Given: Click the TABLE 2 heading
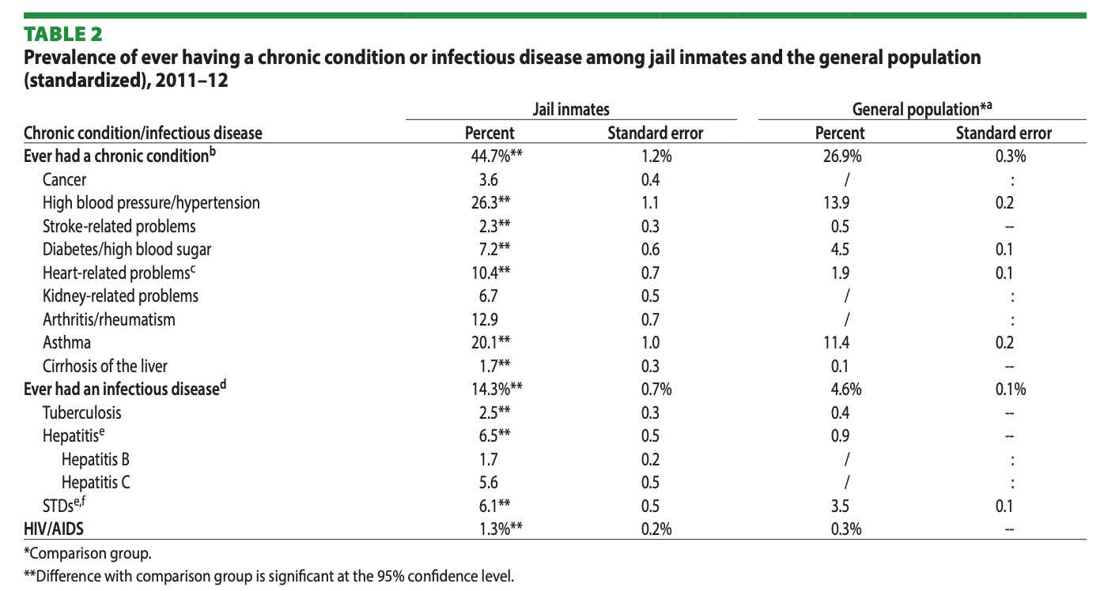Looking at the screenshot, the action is (x=63, y=35).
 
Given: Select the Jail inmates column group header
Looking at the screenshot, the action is (x=571, y=109).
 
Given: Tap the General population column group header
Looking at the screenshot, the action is (x=921, y=109).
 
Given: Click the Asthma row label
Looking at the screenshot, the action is (x=66, y=342).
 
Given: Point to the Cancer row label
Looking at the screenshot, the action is (x=64, y=180).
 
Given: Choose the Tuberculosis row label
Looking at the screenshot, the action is (x=81, y=412).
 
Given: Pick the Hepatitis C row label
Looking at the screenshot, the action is (x=96, y=482).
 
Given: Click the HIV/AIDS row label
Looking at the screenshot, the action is (x=54, y=529).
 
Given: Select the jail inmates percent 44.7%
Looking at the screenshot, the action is (x=497, y=156).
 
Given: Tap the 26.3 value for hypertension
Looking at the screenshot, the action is (x=490, y=202).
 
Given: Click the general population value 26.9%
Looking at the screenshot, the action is (x=842, y=156).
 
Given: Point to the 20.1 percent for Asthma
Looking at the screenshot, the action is (x=490, y=342).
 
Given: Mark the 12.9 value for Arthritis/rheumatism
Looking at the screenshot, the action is (x=485, y=320).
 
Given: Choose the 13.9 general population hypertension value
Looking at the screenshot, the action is (x=837, y=202).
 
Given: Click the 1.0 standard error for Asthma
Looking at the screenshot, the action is (x=651, y=342).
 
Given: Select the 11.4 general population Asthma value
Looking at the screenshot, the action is (x=837, y=342).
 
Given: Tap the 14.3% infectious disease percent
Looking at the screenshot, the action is (x=497, y=389).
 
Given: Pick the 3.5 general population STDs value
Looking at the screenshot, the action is (x=840, y=506).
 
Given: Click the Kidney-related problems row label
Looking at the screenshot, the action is (x=120, y=296).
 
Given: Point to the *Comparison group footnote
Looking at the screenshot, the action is (x=88, y=554).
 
